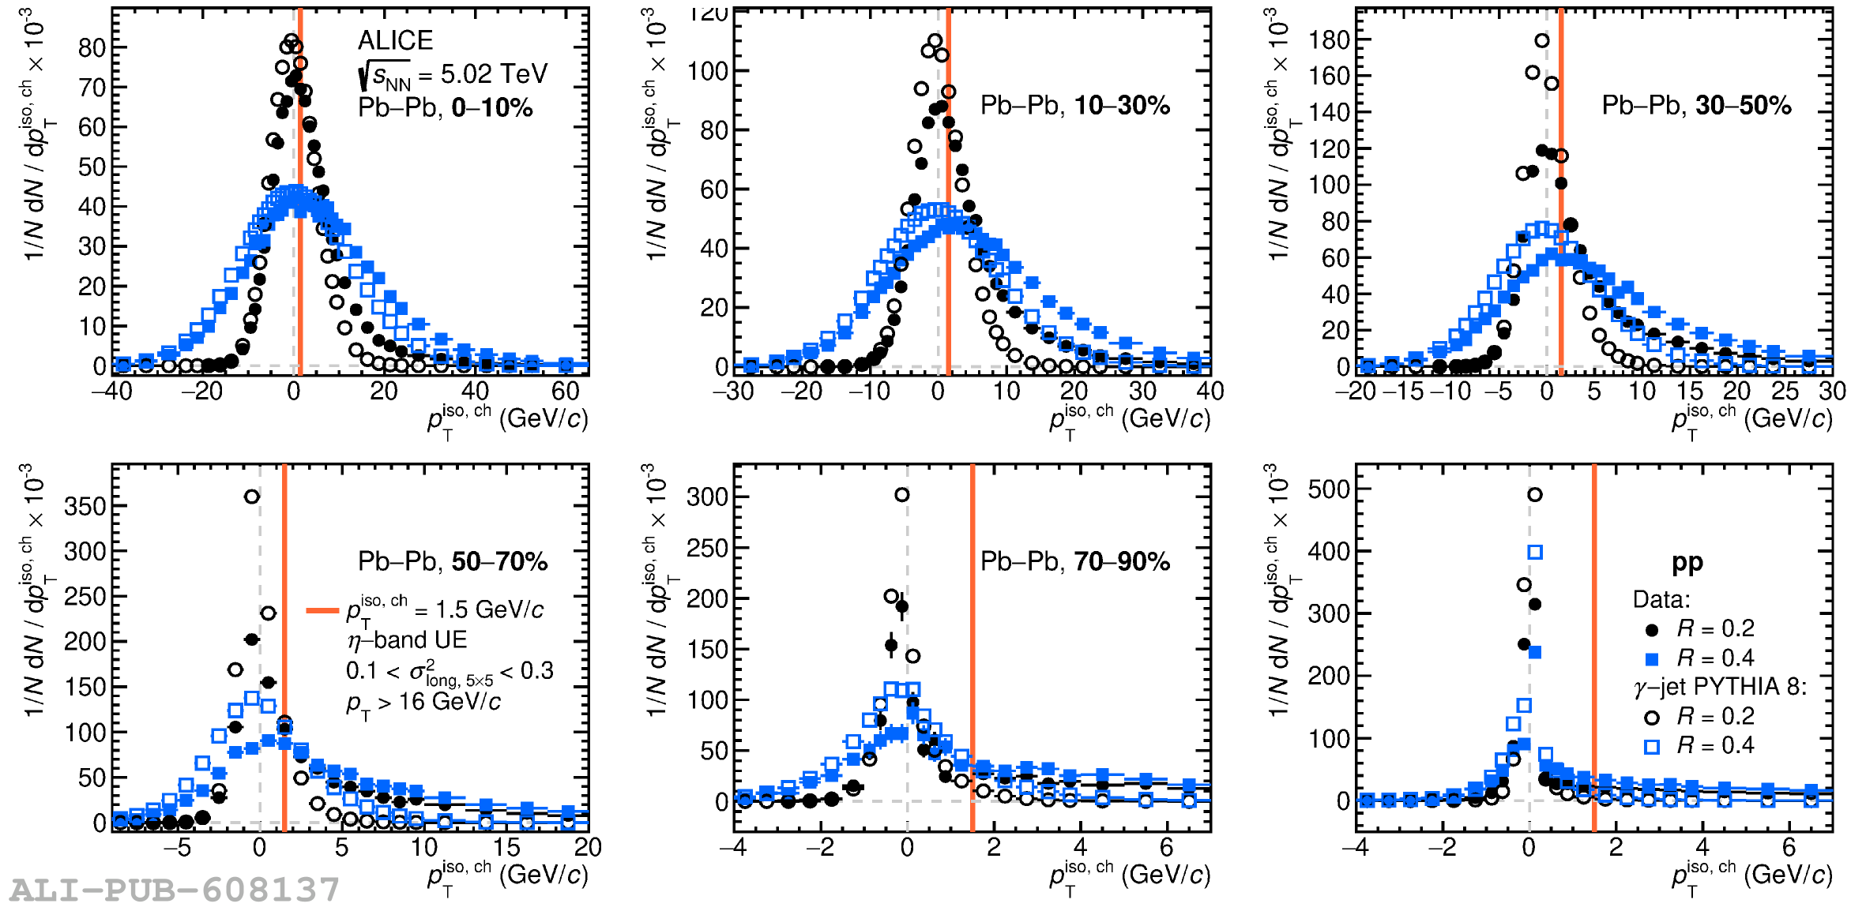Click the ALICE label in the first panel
[395, 40]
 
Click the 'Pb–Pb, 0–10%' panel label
[445, 107]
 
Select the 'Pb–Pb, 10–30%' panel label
[1074, 105]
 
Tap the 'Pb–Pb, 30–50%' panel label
[1696, 105]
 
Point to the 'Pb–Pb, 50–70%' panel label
[453, 561]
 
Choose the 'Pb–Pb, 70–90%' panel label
[1074, 561]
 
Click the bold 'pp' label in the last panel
[1687, 562]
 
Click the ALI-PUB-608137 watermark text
[174, 890]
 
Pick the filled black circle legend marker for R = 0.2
[1651, 630]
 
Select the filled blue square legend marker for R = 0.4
[1651, 659]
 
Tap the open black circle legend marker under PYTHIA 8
[1651, 718]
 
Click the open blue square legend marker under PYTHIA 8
[1651, 747]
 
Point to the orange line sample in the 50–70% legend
[322, 610]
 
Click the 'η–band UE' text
[407, 639]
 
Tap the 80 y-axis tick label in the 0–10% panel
[92, 48]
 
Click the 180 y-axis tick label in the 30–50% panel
[1328, 39]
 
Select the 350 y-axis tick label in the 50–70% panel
[85, 506]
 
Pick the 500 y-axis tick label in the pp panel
[1328, 489]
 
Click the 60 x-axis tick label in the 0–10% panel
[565, 391]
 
